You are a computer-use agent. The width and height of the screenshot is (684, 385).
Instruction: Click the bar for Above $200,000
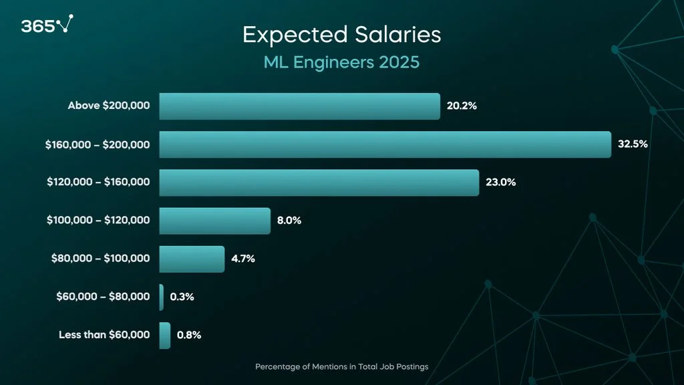pos(299,106)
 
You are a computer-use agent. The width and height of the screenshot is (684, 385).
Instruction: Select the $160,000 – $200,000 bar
pos(385,144)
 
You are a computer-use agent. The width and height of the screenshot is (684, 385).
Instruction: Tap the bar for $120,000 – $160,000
pos(319,182)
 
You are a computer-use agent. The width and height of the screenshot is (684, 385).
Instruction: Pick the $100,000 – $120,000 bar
pos(214,221)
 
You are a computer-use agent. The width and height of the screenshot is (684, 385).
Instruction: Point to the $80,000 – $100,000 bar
pos(192,259)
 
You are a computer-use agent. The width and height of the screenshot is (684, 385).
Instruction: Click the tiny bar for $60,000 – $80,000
pos(161,297)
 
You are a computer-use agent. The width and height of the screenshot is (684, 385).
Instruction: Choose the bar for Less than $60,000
pos(164,335)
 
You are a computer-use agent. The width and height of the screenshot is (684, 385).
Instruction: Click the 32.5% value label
pos(633,144)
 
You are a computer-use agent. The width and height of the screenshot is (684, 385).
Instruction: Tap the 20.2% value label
pos(462,106)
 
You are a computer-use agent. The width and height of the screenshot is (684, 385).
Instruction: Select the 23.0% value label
pos(500,182)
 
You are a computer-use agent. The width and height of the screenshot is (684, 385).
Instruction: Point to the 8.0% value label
pos(289,220)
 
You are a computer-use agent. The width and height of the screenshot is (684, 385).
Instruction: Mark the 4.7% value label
pos(243,258)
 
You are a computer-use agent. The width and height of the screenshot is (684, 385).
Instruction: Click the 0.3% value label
pos(182,297)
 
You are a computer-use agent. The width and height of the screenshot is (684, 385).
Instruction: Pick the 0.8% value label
pos(189,335)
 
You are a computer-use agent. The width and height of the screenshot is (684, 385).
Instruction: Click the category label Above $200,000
pos(109,106)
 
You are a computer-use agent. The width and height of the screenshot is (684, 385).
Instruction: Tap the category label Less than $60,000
pos(104,335)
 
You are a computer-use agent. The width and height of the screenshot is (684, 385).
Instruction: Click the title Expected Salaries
pos(341,35)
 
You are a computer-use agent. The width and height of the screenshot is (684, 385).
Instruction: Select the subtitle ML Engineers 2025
pos(341,62)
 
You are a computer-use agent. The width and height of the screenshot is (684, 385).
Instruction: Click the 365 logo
pos(46,25)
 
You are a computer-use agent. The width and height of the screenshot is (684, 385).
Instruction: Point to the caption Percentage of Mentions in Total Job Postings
pos(341,367)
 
